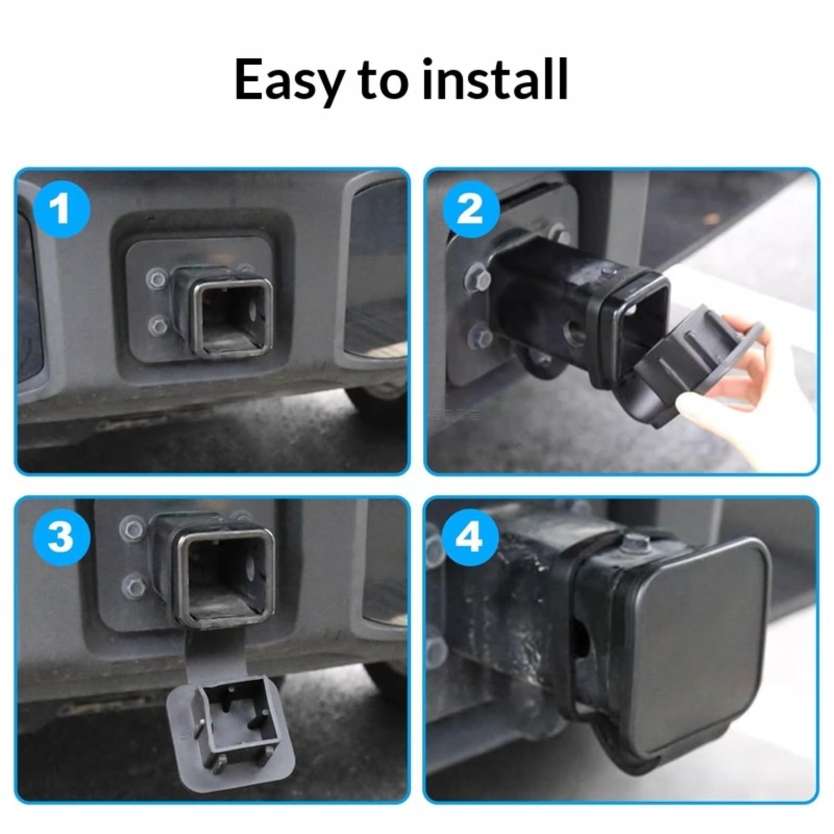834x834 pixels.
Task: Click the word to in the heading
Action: (382, 79)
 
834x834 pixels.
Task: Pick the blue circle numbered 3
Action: (62, 537)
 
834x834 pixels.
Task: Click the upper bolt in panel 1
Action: (157, 279)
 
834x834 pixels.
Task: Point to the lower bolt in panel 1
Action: (158, 326)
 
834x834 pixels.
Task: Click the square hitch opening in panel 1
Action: (233, 319)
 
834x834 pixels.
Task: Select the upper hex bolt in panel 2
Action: (476, 278)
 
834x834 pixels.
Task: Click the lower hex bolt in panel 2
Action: (480, 336)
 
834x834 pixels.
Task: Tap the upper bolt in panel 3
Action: (132, 529)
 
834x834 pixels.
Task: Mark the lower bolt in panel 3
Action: (134, 587)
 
